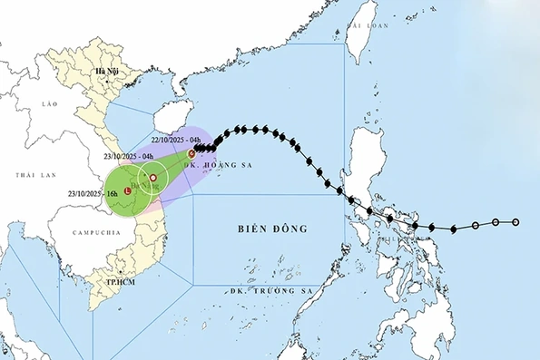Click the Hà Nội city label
(108, 71)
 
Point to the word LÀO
(49, 104)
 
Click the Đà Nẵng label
(145, 189)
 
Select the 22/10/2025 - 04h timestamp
(177, 139)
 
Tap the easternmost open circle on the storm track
(515, 222)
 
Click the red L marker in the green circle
(128, 190)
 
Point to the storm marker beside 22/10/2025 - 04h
(191, 154)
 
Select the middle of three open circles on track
(496, 222)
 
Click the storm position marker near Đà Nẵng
(153, 178)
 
